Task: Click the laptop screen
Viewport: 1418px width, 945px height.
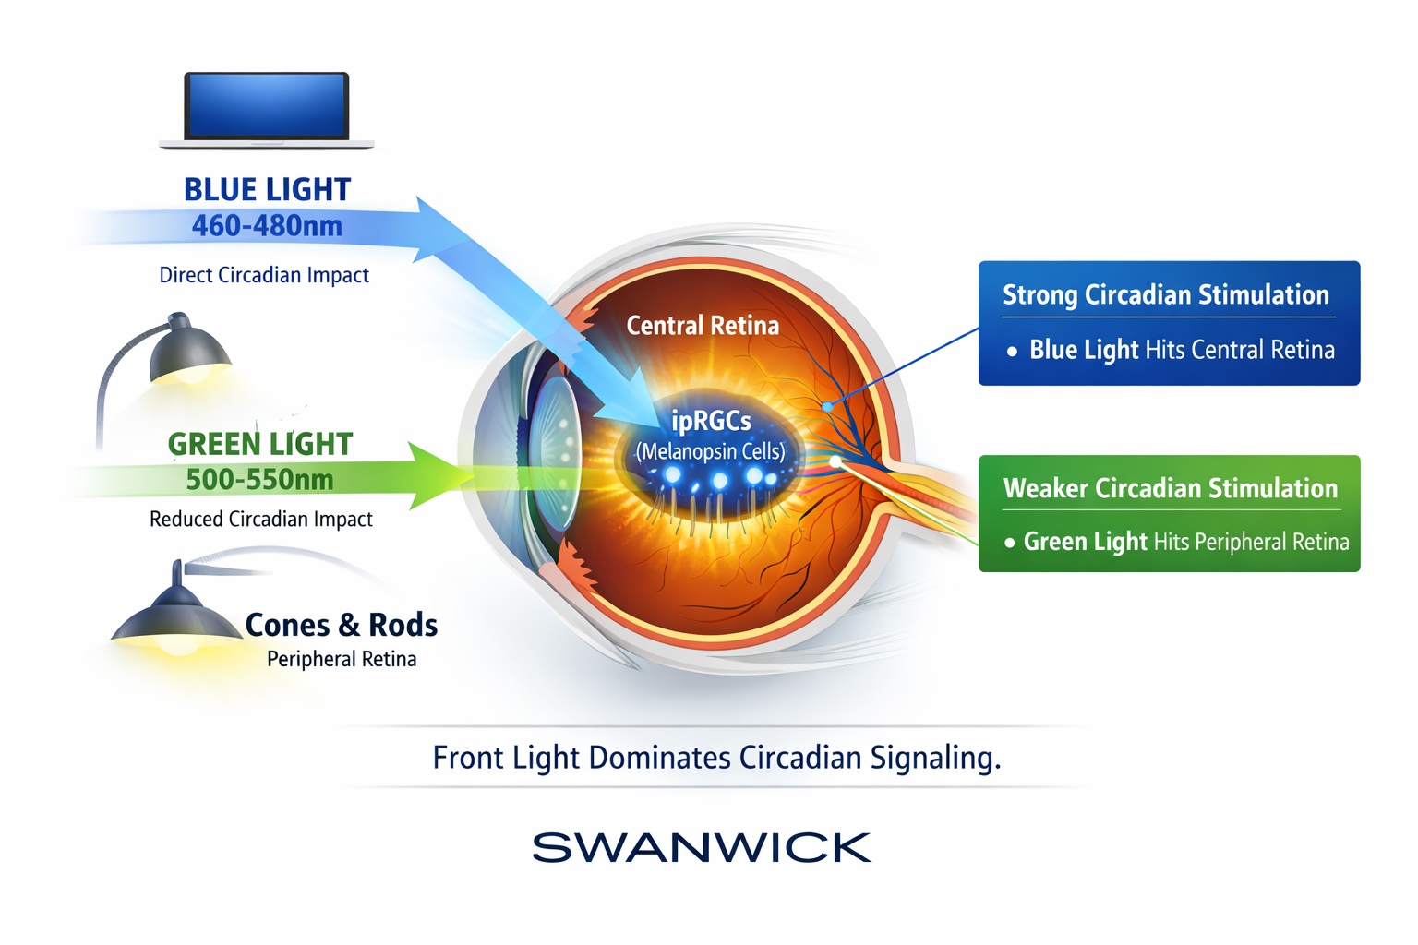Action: pyautogui.click(x=266, y=105)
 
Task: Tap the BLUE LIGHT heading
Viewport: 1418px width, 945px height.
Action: pyautogui.click(x=267, y=189)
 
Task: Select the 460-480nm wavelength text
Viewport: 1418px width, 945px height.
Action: pyautogui.click(x=267, y=225)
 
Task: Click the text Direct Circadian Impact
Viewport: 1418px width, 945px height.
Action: pyautogui.click(x=264, y=275)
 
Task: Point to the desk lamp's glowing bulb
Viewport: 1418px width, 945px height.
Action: pyautogui.click(x=192, y=374)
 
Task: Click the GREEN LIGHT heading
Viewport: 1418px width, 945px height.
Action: pyautogui.click(x=260, y=444)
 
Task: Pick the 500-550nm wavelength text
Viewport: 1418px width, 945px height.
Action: pyautogui.click(x=259, y=479)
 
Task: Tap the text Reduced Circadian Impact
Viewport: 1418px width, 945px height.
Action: pyautogui.click(x=261, y=520)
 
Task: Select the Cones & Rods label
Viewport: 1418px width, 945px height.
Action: pyautogui.click(x=342, y=625)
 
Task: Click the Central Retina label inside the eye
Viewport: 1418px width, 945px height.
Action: pyautogui.click(x=703, y=326)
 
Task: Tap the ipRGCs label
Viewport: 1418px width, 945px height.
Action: pyautogui.click(x=711, y=421)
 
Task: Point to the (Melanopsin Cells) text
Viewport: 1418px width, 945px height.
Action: pyautogui.click(x=711, y=451)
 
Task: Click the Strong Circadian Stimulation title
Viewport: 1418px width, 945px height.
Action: pyautogui.click(x=1166, y=294)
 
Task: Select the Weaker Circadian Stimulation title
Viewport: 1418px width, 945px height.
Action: pyautogui.click(x=1170, y=487)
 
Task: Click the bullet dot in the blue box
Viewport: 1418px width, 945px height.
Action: pyautogui.click(x=1012, y=351)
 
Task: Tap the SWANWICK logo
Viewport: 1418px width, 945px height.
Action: pyautogui.click(x=702, y=847)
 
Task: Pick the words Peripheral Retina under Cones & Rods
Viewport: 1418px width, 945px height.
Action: pyautogui.click(x=342, y=659)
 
